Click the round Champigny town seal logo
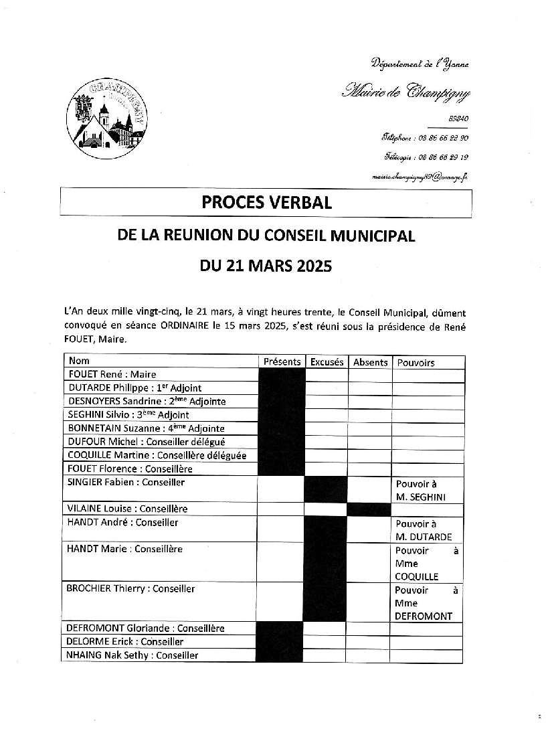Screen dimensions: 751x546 coord(107,118)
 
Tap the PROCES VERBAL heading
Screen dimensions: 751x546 coord(266,202)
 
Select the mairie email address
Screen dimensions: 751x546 coord(420,177)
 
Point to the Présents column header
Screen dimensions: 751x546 coord(282,362)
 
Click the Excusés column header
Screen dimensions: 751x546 coord(327,362)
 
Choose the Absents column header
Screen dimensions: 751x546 coord(370,362)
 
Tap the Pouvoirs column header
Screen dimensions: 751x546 coord(416,363)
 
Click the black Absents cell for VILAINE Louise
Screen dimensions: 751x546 coord(369,509)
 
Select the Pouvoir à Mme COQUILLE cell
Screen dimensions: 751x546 coord(426,563)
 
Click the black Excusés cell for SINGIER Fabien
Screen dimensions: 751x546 coord(326,489)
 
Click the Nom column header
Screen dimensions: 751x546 coord(79,361)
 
